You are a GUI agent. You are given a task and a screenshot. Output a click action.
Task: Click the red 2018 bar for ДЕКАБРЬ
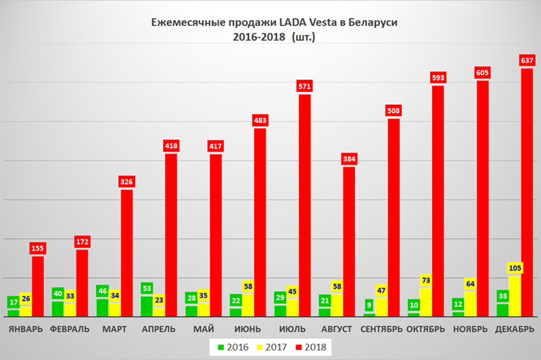527,192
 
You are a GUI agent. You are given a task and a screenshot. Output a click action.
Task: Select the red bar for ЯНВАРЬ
38,285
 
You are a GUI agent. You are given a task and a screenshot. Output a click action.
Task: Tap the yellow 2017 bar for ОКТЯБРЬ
426,302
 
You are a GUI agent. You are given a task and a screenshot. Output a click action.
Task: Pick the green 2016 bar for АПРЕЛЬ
147,306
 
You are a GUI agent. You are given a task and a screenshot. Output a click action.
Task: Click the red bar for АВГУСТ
349,241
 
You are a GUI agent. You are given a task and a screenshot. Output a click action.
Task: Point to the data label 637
527,60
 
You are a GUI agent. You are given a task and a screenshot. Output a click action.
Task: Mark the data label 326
127,182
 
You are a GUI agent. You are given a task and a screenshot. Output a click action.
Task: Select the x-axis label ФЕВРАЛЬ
69,329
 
